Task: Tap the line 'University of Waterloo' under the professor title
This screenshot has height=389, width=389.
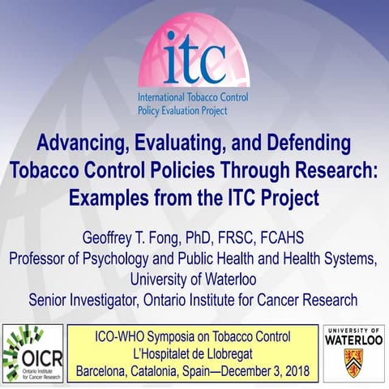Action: [194, 280]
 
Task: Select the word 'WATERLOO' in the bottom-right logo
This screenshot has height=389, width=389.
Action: [353, 341]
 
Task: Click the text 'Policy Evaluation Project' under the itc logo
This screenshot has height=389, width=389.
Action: [194, 108]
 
